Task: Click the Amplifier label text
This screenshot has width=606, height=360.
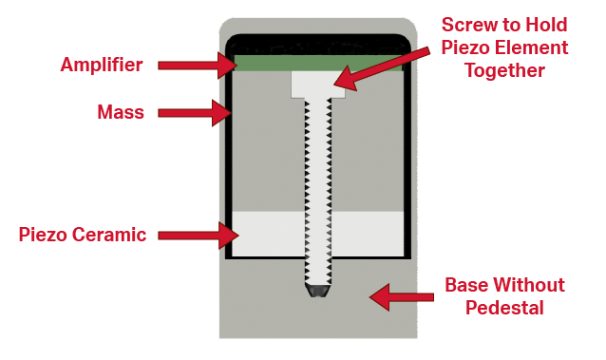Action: (x=102, y=65)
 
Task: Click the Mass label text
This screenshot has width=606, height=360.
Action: (x=121, y=113)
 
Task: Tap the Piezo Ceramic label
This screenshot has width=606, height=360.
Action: (x=83, y=235)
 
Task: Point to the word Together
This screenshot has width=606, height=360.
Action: (x=504, y=71)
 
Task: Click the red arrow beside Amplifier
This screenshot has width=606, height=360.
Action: (x=196, y=65)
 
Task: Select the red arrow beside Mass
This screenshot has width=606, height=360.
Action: (x=196, y=113)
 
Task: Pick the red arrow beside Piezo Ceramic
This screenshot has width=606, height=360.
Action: (x=196, y=233)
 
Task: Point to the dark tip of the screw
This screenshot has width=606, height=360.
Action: (x=318, y=289)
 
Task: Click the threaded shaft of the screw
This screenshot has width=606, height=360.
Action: (x=318, y=190)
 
